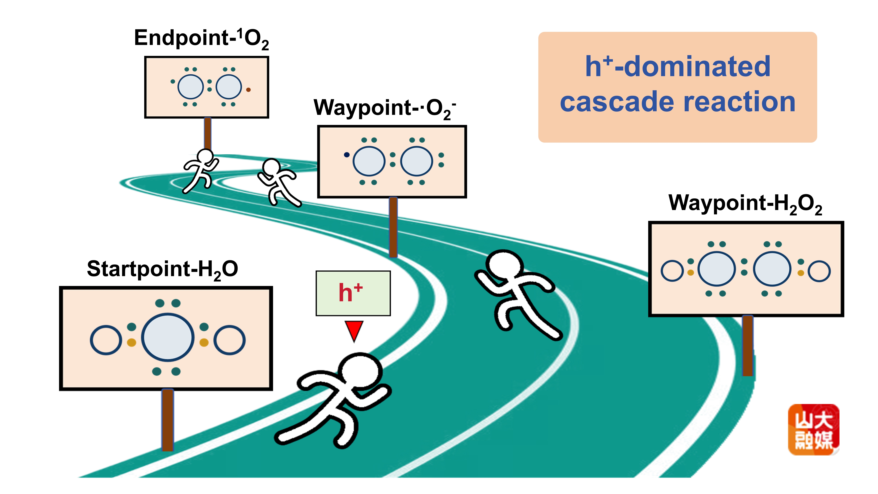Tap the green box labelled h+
pyautogui.click(x=353, y=293)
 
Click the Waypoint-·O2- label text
pyautogui.click(x=384, y=108)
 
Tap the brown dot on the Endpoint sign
pyautogui.click(x=248, y=90)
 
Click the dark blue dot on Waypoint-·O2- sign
pyautogui.click(x=347, y=155)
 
